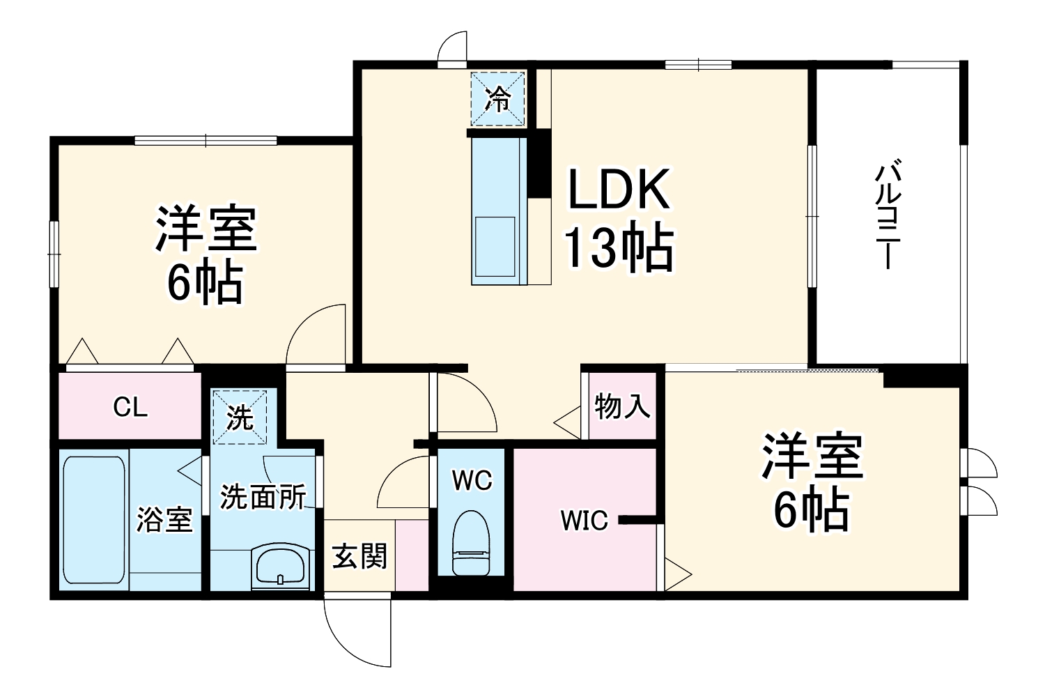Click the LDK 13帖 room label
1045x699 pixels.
tap(619, 219)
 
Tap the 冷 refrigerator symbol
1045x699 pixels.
tap(498, 99)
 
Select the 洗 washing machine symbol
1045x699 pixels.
tap(240, 417)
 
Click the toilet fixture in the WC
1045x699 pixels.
tap(472, 543)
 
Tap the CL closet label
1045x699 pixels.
tap(130, 408)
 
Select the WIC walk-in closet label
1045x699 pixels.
tap(585, 520)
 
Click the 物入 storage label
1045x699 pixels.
tap(622, 406)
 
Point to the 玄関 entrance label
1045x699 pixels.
tap(359, 556)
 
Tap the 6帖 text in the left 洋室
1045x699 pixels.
tap(205, 283)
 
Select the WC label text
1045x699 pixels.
tap(472, 480)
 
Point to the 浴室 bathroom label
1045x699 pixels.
tap(164, 519)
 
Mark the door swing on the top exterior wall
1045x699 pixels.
tap(452, 49)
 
